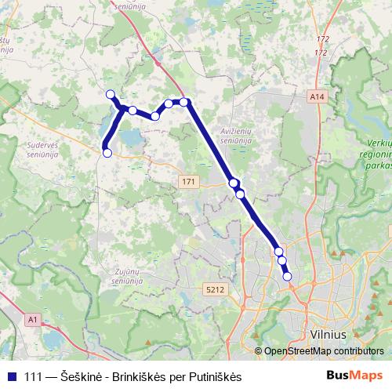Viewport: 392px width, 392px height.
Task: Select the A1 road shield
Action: coord(31,320)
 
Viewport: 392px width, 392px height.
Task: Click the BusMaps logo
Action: coord(354,376)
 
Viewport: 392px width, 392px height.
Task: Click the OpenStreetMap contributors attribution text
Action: coord(323,351)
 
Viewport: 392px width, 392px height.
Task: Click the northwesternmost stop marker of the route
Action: coord(111,95)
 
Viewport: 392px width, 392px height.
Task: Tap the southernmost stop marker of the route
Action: coord(287,276)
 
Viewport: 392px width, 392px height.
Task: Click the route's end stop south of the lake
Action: coord(107,153)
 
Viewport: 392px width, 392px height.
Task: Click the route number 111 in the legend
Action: coord(34,376)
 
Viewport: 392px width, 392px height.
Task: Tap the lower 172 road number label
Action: coord(319,52)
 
